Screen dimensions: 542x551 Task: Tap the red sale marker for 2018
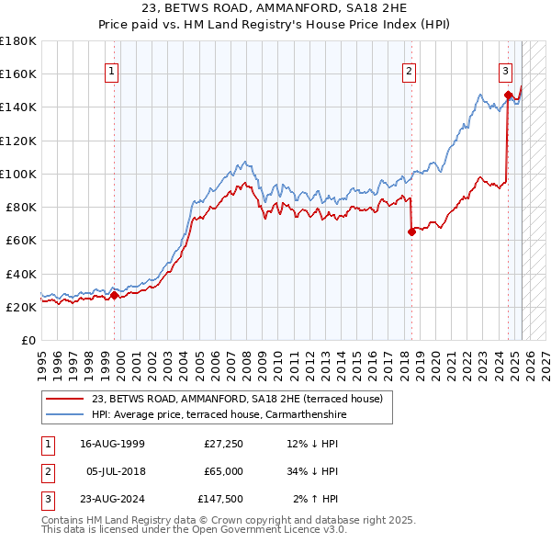coord(411,231)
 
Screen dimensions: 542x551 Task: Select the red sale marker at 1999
coord(114,295)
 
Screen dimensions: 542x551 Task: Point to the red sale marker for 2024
coord(508,94)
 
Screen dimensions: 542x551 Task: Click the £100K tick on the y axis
coord(18,174)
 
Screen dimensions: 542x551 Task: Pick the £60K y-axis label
coord(21,240)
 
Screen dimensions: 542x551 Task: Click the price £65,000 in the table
coord(223,471)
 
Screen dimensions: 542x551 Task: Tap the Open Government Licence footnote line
coord(194,529)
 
